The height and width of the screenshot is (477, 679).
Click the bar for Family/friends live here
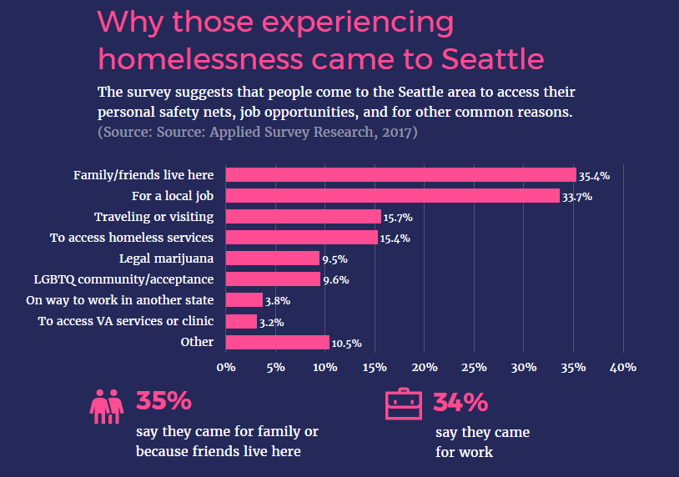click(400, 175)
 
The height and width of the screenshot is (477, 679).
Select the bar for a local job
click(392, 196)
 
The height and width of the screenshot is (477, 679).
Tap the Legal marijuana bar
click(273, 259)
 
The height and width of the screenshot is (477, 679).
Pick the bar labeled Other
click(277, 342)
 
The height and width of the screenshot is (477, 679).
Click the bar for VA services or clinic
click(241, 321)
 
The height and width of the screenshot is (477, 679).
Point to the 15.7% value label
click(398, 218)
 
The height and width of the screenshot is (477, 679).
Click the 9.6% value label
click(335, 280)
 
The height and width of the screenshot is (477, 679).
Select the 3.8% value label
click(278, 301)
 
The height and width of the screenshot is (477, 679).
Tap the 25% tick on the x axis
click(474, 367)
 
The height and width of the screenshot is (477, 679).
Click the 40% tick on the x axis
click(623, 367)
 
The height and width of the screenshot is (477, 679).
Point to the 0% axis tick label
click(225, 367)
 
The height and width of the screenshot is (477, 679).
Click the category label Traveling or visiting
click(153, 217)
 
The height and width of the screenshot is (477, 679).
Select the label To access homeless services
click(132, 238)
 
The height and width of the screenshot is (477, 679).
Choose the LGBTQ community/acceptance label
click(123, 279)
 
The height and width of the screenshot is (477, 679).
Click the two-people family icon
click(107, 404)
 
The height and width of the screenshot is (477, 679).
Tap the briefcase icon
click(404, 404)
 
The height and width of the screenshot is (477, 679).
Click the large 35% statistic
click(163, 401)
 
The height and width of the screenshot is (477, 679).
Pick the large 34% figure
click(460, 402)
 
